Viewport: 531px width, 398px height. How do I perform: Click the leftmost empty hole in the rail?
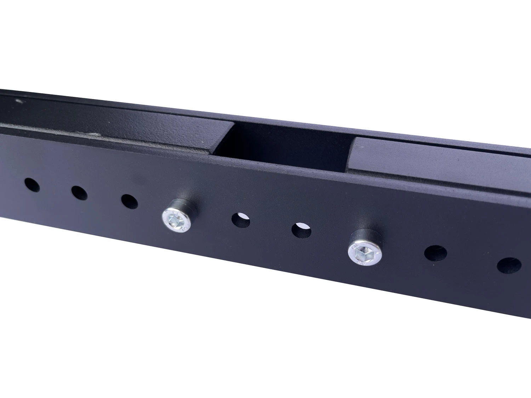32,185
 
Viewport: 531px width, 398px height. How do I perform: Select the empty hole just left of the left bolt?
130,201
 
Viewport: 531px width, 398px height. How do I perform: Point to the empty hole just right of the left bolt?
241,220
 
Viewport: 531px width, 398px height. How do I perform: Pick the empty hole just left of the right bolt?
301,230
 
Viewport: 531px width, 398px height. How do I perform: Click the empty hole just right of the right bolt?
435,253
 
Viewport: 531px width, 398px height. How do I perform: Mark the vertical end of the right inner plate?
352,156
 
